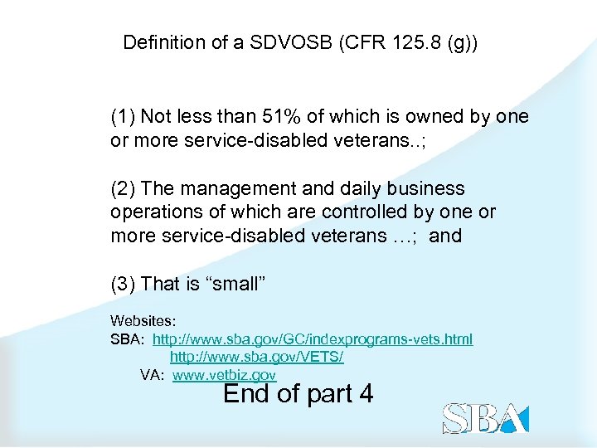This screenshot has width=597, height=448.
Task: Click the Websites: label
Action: [143, 319]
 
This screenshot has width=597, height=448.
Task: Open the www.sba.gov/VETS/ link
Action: [256, 357]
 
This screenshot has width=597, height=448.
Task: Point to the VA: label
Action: [153, 375]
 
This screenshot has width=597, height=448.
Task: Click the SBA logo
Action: [485, 417]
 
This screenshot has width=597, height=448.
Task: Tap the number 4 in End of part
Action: [364, 393]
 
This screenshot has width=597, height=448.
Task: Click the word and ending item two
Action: [445, 236]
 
